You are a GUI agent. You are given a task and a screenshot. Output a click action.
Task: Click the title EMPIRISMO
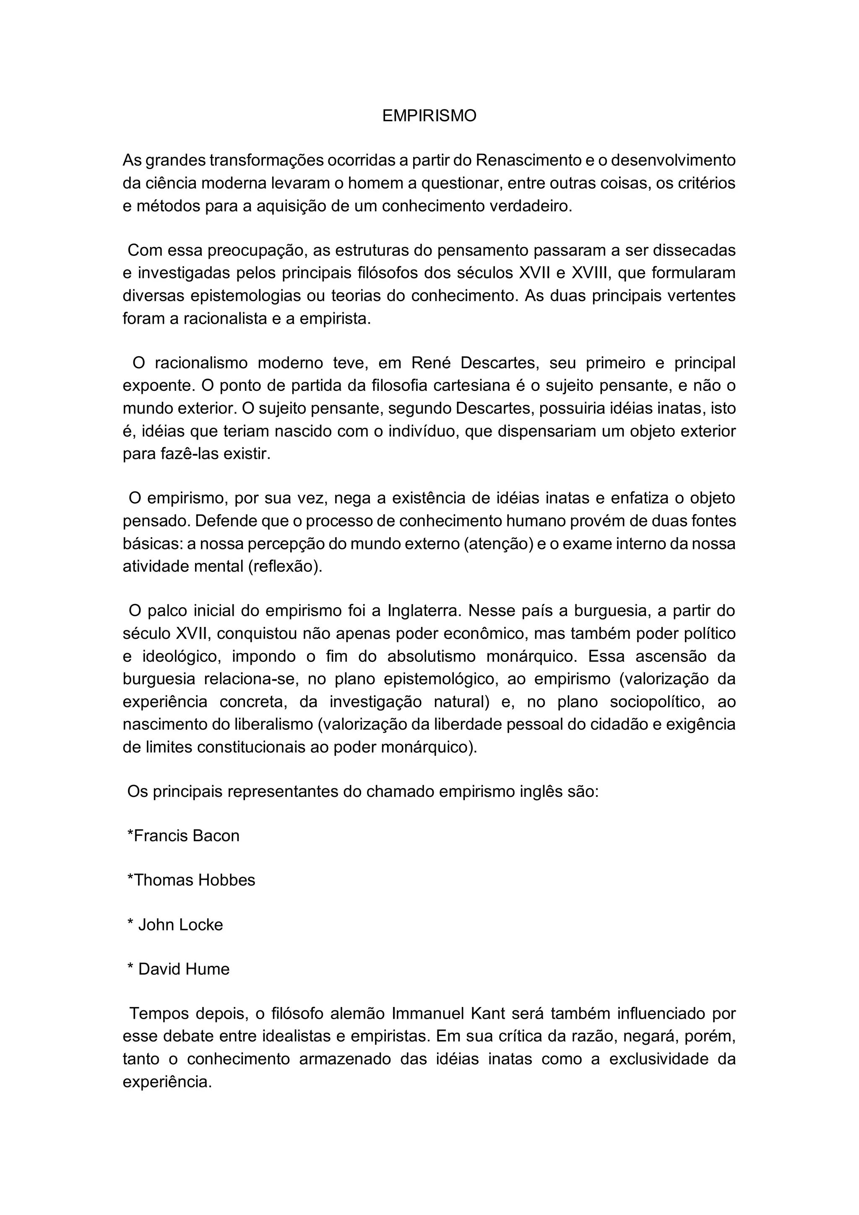pos(429,116)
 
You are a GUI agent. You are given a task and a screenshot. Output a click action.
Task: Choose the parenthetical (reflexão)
pos(285,566)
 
